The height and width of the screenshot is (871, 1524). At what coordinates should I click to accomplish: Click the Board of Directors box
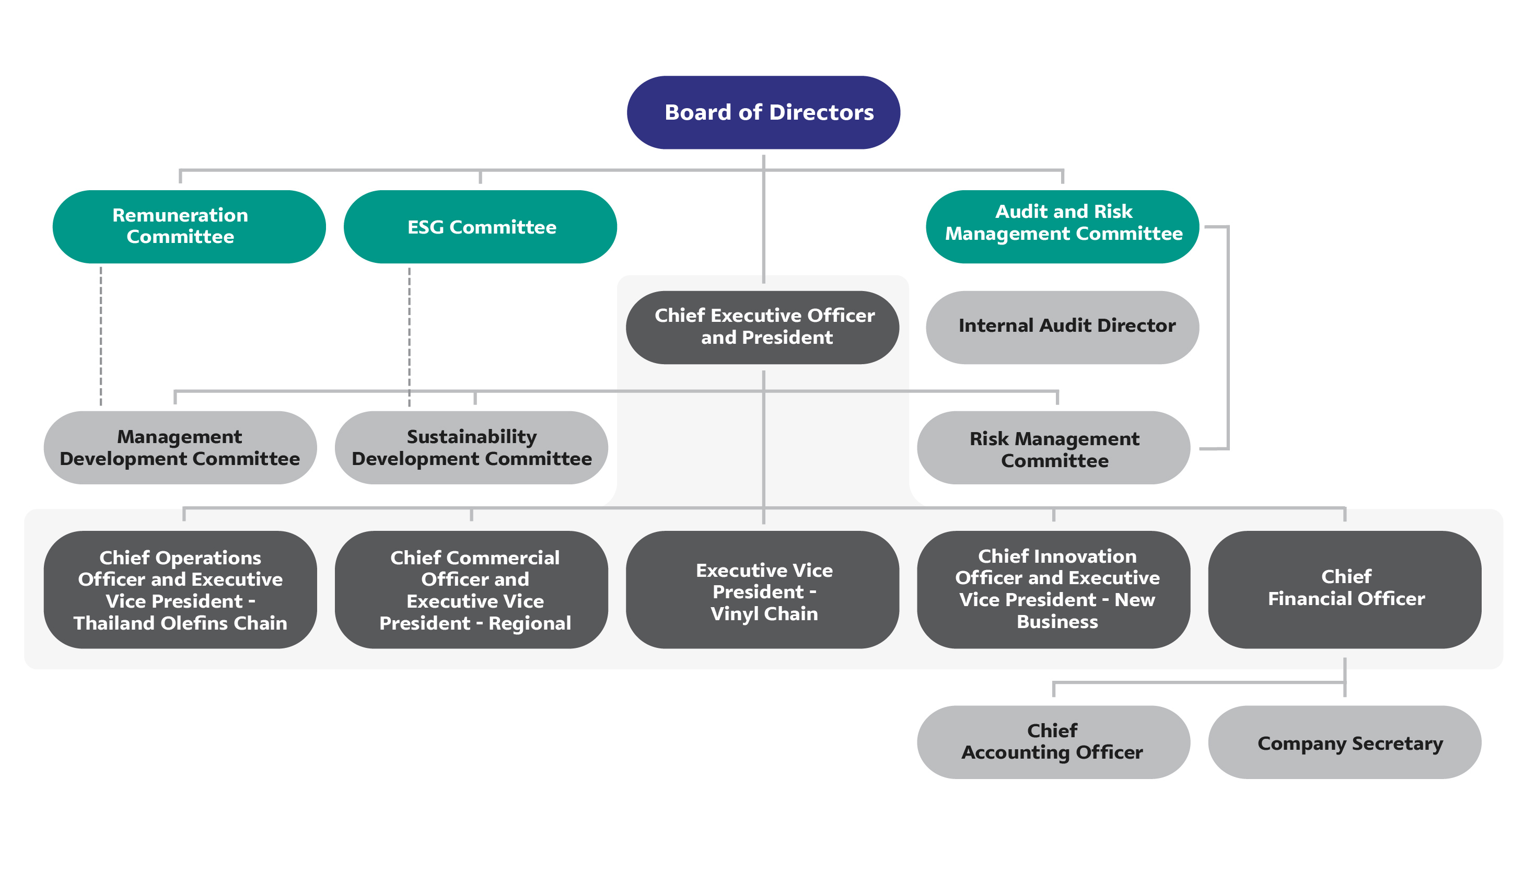coord(763,112)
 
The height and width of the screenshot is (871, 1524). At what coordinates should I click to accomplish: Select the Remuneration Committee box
coord(189,226)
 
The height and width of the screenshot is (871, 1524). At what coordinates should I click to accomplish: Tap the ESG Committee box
coord(480,227)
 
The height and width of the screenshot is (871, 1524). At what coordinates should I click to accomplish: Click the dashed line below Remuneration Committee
coord(101,335)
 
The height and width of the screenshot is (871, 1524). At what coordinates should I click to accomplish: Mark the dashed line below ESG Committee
coord(409,335)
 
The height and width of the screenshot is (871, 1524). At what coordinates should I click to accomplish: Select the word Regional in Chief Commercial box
coord(529,623)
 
